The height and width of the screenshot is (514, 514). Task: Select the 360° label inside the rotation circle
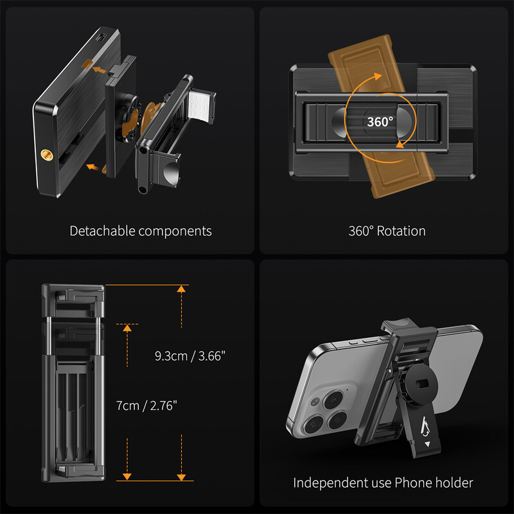coord(380,122)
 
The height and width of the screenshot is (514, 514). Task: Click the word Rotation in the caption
coord(401,231)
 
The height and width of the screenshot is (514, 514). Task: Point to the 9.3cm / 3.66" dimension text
coord(190,356)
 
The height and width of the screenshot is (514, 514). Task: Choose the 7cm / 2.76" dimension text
coord(146,406)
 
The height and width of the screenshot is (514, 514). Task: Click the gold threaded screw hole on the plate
coord(46,155)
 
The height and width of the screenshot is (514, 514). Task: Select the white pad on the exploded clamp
coord(199,105)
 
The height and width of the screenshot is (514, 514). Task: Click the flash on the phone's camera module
coord(315,402)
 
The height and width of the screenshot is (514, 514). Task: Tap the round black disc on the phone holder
coord(423,382)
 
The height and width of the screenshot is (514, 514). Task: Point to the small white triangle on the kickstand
coord(427,444)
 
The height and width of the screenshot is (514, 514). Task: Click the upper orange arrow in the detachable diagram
coord(99,70)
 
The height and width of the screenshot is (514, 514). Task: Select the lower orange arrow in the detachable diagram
coord(93,167)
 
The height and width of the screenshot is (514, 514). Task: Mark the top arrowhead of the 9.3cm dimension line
coord(181,288)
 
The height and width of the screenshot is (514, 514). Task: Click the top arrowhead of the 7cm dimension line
coord(127,328)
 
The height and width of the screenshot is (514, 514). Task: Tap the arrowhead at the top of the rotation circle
coord(378,76)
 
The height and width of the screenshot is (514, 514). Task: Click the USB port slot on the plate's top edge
coord(101,37)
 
